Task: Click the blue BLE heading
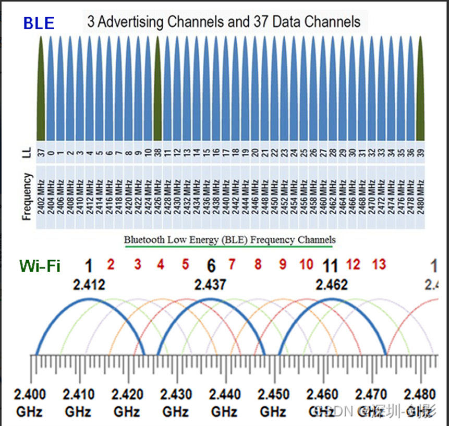(39, 23)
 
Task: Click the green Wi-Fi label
(40, 266)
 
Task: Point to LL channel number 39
(420, 153)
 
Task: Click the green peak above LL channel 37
(41, 89)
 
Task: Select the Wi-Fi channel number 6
(211, 266)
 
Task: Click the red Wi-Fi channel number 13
(379, 264)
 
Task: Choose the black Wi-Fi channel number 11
(330, 266)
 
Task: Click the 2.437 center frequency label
(211, 285)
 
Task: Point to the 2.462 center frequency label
(332, 285)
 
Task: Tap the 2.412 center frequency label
(89, 285)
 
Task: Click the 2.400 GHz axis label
(30, 401)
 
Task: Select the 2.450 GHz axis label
(273, 401)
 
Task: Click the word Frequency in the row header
(28, 197)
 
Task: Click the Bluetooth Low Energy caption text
(229, 240)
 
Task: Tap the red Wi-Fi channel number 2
(111, 264)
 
